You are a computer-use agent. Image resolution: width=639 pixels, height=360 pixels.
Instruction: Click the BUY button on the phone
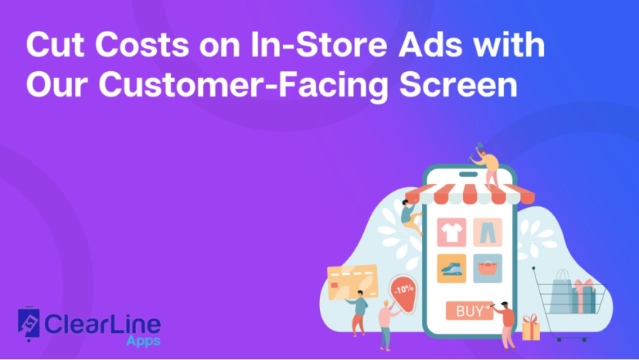469,312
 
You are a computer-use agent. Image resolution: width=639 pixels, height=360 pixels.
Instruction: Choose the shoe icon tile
450,268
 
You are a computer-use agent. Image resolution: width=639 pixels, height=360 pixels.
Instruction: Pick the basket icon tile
488,268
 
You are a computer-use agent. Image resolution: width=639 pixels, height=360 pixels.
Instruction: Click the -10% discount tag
403,291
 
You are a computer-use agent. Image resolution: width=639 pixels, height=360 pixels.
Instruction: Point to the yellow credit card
352,279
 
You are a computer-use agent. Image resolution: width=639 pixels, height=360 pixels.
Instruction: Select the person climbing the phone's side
410,216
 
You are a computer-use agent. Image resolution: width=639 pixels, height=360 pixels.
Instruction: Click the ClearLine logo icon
30,325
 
